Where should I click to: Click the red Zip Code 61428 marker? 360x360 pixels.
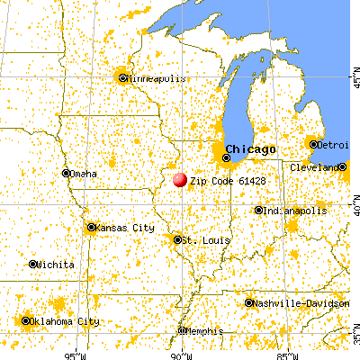179,180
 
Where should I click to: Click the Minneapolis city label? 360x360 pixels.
155,78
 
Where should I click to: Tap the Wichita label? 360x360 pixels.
55,265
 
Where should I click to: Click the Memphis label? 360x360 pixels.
204,331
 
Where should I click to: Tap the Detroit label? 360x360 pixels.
336,144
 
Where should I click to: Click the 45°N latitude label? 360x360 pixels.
355,82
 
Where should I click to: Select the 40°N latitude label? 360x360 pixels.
355,207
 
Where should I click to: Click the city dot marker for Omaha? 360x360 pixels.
66,174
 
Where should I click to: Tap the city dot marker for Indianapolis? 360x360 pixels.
258,211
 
